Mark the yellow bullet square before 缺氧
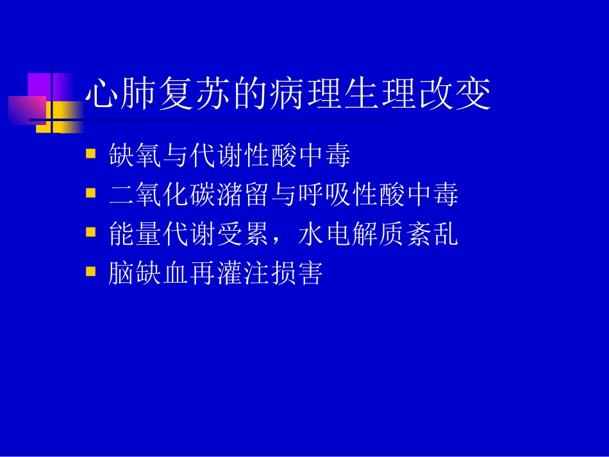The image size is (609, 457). [91, 154]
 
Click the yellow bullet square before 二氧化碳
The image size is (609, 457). [91, 194]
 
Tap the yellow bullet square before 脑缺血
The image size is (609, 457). [91, 272]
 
